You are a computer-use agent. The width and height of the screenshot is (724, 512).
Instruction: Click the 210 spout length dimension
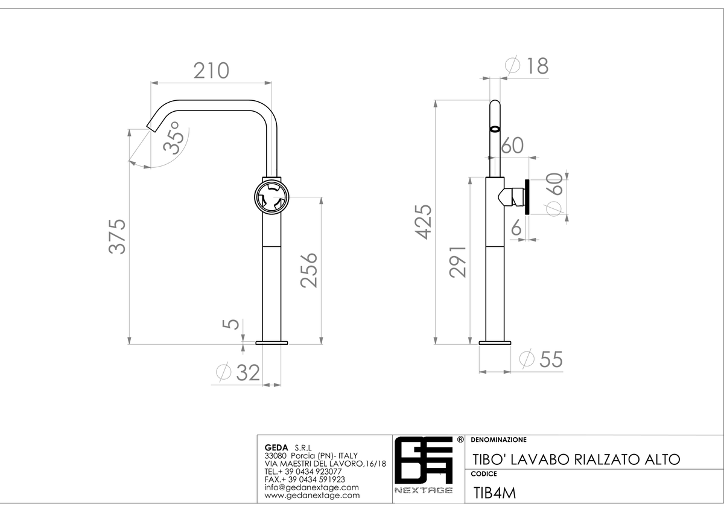[211, 71]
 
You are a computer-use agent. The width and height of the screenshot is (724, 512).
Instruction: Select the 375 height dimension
[117, 237]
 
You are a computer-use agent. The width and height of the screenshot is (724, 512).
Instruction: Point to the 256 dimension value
[309, 270]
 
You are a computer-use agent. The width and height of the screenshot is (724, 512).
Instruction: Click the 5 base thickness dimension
[231, 324]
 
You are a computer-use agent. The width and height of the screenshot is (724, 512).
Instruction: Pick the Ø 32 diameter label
[238, 372]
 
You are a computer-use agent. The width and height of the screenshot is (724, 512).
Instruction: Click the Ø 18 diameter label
[527, 66]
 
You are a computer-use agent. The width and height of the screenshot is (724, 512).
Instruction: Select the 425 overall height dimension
[423, 222]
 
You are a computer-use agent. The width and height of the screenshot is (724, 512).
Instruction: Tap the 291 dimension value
[458, 261]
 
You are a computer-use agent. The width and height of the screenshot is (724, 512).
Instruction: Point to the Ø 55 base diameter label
[541, 359]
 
